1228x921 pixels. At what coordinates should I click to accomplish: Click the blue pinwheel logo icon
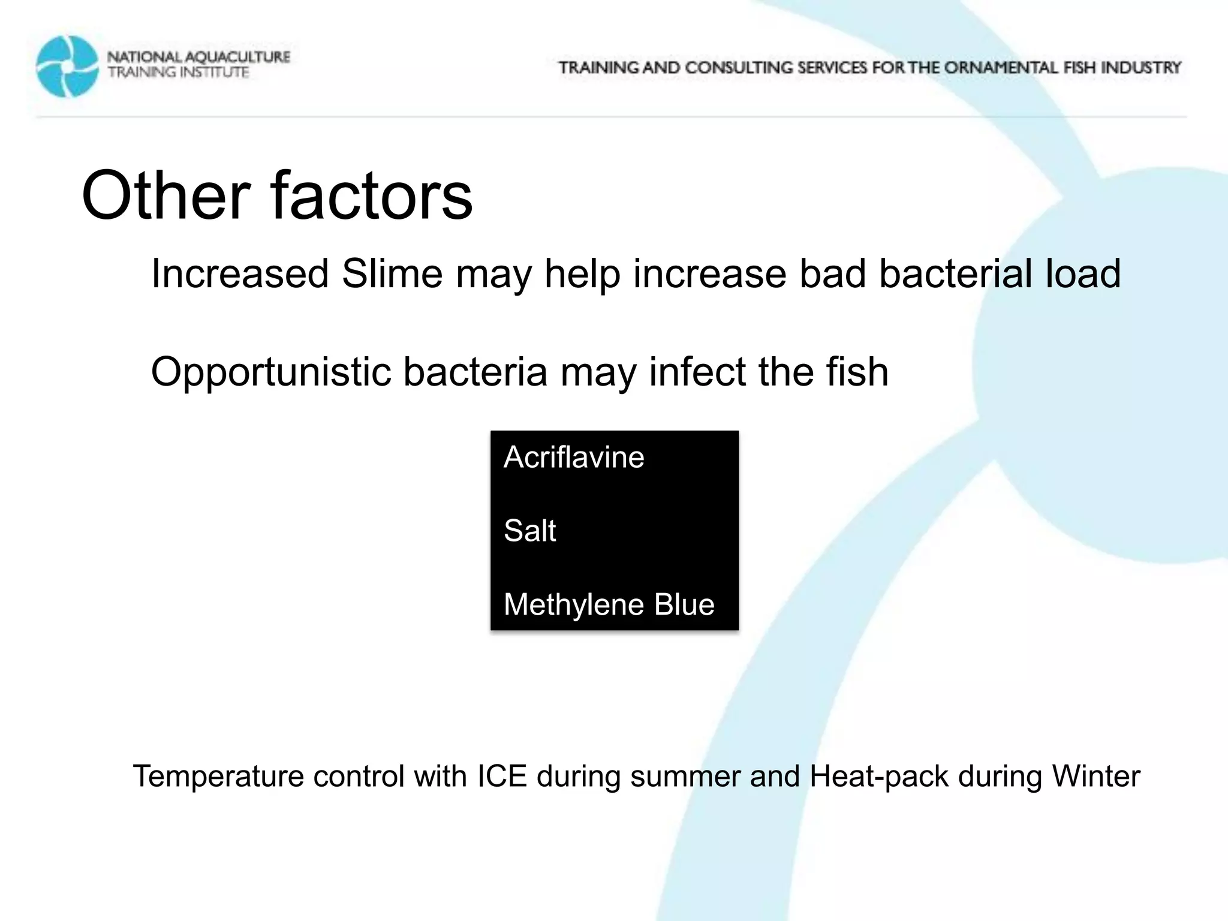[67, 66]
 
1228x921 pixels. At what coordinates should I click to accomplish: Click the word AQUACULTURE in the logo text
[237, 58]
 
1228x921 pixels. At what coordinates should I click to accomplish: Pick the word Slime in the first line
[393, 274]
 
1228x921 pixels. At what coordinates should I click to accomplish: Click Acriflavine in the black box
[574, 458]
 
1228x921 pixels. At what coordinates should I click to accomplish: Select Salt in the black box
[529, 531]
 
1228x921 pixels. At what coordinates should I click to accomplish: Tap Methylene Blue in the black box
[609, 604]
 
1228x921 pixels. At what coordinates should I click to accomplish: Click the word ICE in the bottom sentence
[502, 776]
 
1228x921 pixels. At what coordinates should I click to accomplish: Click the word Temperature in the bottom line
[218, 776]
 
